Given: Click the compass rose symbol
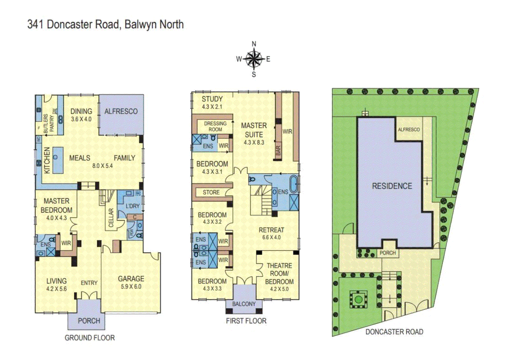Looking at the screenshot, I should [x=254, y=59].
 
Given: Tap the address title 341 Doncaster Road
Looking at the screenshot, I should [x=105, y=24].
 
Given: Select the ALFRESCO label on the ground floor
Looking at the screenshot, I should [x=121, y=111].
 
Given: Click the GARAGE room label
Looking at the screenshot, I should [x=131, y=279].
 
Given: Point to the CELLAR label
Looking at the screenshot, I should [x=111, y=218].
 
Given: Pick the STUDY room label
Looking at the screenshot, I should [x=212, y=99].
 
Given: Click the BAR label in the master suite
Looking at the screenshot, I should [x=278, y=150].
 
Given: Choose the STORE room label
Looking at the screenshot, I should [x=211, y=192].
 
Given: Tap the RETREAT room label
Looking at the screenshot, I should [x=271, y=230].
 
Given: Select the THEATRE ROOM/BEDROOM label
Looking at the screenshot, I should [x=279, y=273].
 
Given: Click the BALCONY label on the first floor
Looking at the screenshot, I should [x=244, y=304].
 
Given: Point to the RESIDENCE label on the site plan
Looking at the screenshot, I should [x=392, y=186].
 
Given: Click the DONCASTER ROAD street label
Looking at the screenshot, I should [x=394, y=332].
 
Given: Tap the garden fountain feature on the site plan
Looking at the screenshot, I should [x=358, y=299].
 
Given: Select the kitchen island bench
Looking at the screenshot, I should [x=58, y=160].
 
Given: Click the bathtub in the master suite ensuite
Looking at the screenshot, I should [x=293, y=184].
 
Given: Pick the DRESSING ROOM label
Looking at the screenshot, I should [x=215, y=126].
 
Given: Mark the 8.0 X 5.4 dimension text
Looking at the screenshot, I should [x=102, y=166].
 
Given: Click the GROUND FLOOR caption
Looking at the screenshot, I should [x=90, y=338].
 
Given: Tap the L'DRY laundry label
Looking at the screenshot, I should [x=132, y=206].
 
